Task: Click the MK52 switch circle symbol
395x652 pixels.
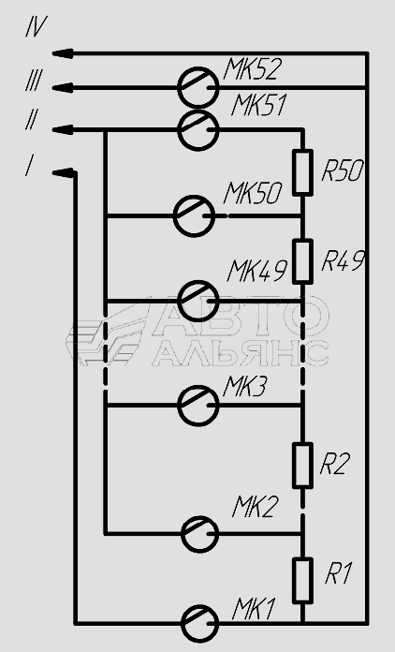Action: pyautogui.click(x=178, y=87)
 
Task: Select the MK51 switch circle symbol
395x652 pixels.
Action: pyautogui.click(x=178, y=130)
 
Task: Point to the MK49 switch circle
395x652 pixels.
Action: pyautogui.click(x=178, y=301)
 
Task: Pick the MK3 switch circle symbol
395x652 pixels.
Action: pyautogui.click(x=178, y=405)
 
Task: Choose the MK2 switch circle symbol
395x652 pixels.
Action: pyautogui.click(x=182, y=534)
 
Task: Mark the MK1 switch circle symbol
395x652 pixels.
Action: pyautogui.click(x=182, y=623)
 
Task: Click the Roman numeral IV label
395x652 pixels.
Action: pyautogui.click(x=37, y=26)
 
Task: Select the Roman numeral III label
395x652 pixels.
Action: pyautogui.click(x=33, y=81)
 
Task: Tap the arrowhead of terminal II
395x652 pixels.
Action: pyautogui.click(x=63, y=129)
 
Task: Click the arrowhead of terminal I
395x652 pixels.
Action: pyautogui.click(x=64, y=172)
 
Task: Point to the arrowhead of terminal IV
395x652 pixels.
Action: pyautogui.click(x=63, y=53)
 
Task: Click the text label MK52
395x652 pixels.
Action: pyautogui.click(x=253, y=69)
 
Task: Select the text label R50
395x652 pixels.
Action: pyautogui.click(x=344, y=170)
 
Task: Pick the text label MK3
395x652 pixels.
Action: pyautogui.click(x=245, y=387)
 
